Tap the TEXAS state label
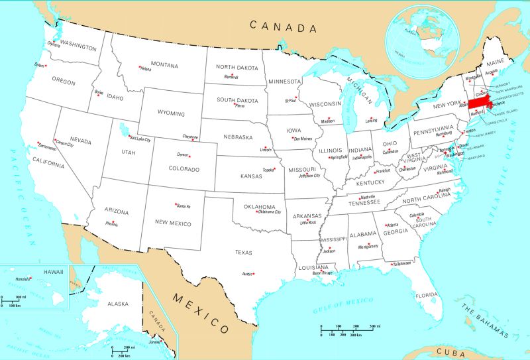244,252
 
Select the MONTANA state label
164,65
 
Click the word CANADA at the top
284,27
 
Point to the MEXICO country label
201,312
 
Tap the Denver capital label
183,154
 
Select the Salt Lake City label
140,140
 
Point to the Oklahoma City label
269,212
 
